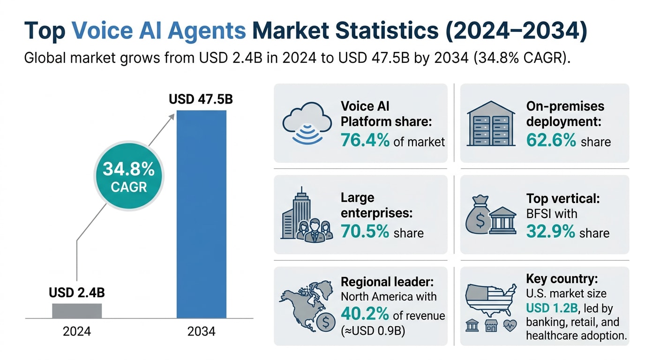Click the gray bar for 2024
(x=77, y=311)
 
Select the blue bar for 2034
(x=201, y=214)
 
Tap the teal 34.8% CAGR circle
(x=128, y=177)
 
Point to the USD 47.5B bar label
(x=201, y=100)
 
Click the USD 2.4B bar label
(x=77, y=293)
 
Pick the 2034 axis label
(x=201, y=331)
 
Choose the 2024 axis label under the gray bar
(x=77, y=331)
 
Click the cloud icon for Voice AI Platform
(x=303, y=124)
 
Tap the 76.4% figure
(x=365, y=141)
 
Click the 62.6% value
(x=551, y=141)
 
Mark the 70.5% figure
(x=365, y=232)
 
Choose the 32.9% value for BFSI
(x=551, y=232)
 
